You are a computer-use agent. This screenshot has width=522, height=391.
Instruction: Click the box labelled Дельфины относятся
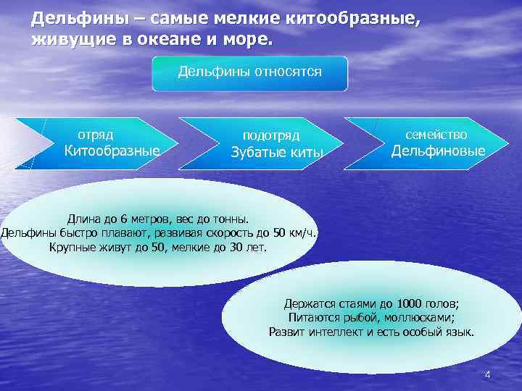(249, 72)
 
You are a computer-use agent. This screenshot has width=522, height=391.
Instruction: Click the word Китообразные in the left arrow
(112, 151)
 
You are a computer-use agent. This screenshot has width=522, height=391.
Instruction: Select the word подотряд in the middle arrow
(270, 135)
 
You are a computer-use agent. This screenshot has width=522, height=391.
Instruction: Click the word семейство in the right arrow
(436, 135)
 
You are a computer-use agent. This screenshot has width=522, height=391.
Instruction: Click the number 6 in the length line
(124, 218)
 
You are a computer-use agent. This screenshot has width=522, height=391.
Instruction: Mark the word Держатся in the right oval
(308, 303)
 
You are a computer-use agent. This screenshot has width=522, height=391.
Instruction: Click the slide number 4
(487, 374)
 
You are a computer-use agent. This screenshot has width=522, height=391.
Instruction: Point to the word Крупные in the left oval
(71, 247)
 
